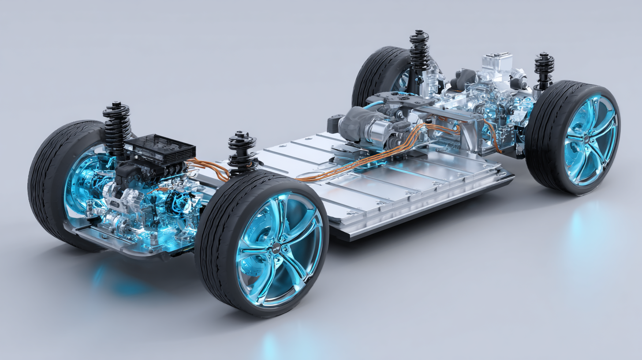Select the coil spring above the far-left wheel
(x=116, y=126)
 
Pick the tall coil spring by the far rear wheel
(x=419, y=51)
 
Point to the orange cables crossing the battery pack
(x=353, y=168)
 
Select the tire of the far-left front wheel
(x=44, y=185)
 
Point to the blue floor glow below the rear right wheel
(x=586, y=229)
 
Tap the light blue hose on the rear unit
(x=373, y=104)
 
